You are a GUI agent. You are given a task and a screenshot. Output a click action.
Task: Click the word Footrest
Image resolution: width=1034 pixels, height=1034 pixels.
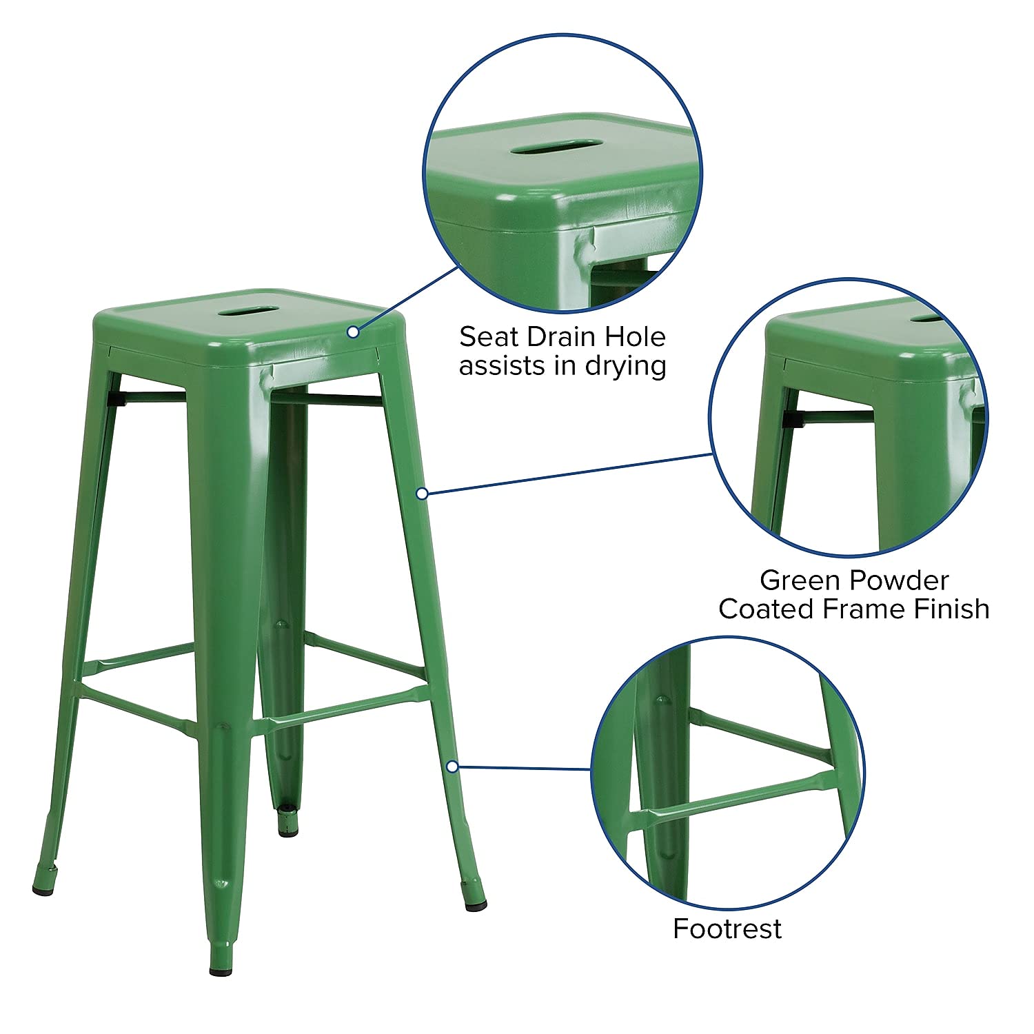tap(727, 929)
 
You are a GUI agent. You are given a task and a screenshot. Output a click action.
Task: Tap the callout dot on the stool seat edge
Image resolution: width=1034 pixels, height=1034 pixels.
tap(353, 332)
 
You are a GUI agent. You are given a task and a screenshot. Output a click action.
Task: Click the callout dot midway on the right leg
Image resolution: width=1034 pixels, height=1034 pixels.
tap(423, 493)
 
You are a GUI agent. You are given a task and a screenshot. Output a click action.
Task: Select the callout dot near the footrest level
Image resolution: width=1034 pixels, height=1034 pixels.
tap(452, 766)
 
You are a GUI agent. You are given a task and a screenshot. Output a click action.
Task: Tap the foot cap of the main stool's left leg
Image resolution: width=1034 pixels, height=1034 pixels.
tap(43, 890)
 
